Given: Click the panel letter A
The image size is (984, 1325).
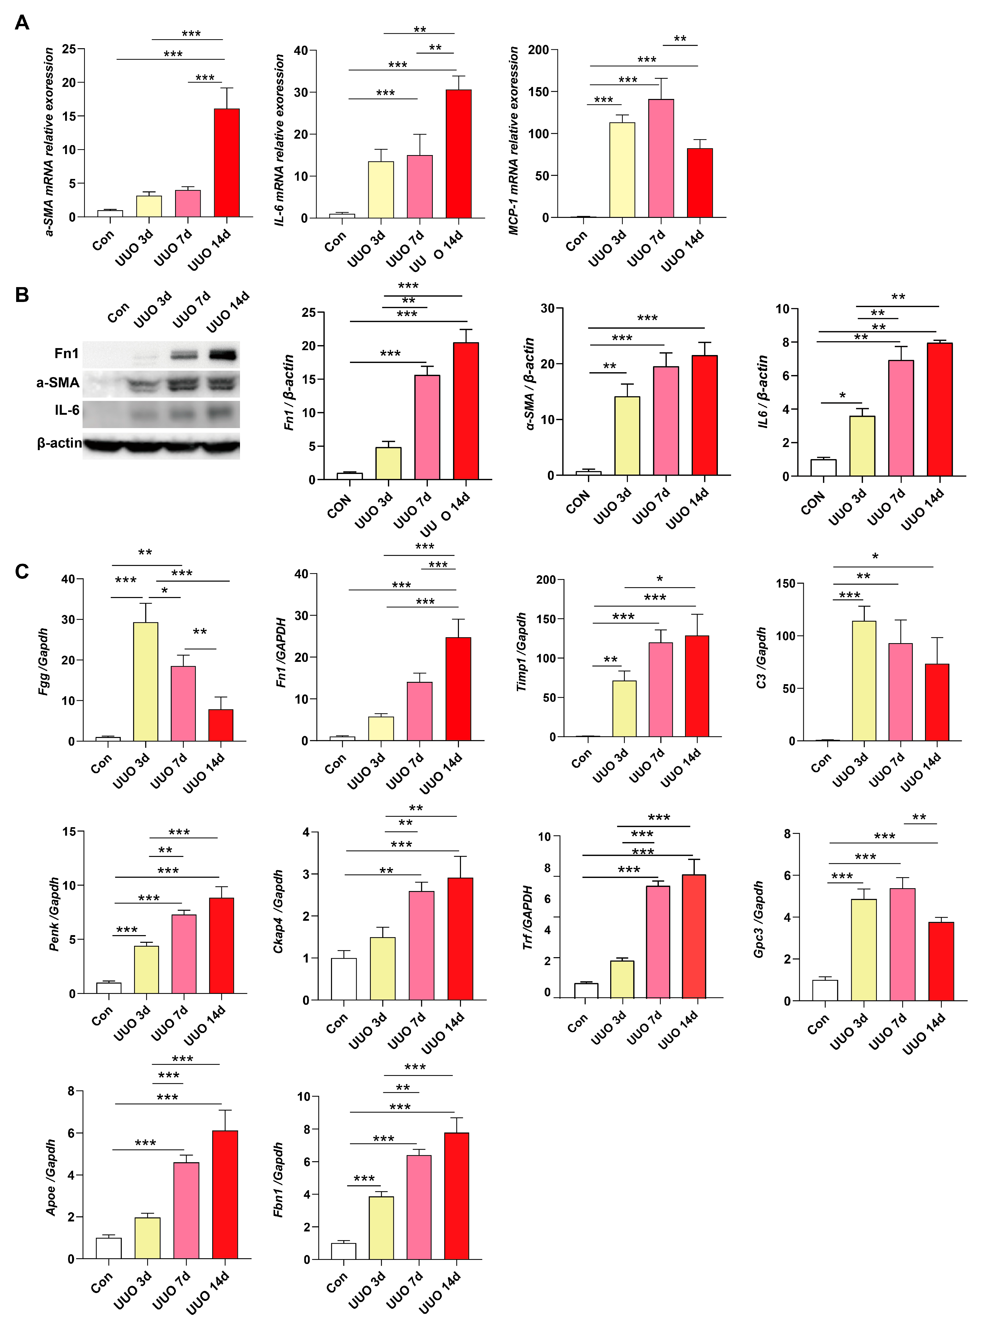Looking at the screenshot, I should tap(22, 23).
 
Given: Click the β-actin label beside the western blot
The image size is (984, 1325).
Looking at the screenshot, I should tap(59, 443).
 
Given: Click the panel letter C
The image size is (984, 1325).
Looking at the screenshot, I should tap(22, 572).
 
